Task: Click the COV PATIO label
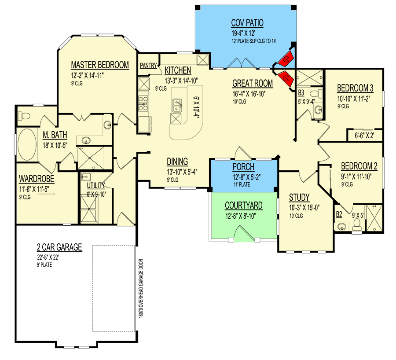[x=247, y=23]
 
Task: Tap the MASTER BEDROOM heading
[x=100, y=65]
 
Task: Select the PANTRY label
[x=148, y=66]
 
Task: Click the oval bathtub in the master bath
[x=27, y=144]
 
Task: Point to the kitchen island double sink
[x=176, y=105]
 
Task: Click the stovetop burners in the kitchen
[x=143, y=103]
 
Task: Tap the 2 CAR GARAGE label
[x=59, y=247]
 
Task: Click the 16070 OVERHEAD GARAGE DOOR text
[x=141, y=288]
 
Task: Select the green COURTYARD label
[x=243, y=206]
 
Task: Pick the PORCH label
[x=243, y=167]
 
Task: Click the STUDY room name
[x=299, y=197]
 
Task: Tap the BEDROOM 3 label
[x=355, y=88]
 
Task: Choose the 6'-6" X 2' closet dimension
[x=364, y=136]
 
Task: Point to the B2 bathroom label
[x=339, y=214]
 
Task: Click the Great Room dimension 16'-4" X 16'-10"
[x=249, y=94]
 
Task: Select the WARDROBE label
[x=37, y=179]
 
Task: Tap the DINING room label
[x=177, y=162]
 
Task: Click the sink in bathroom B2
[x=341, y=226]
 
